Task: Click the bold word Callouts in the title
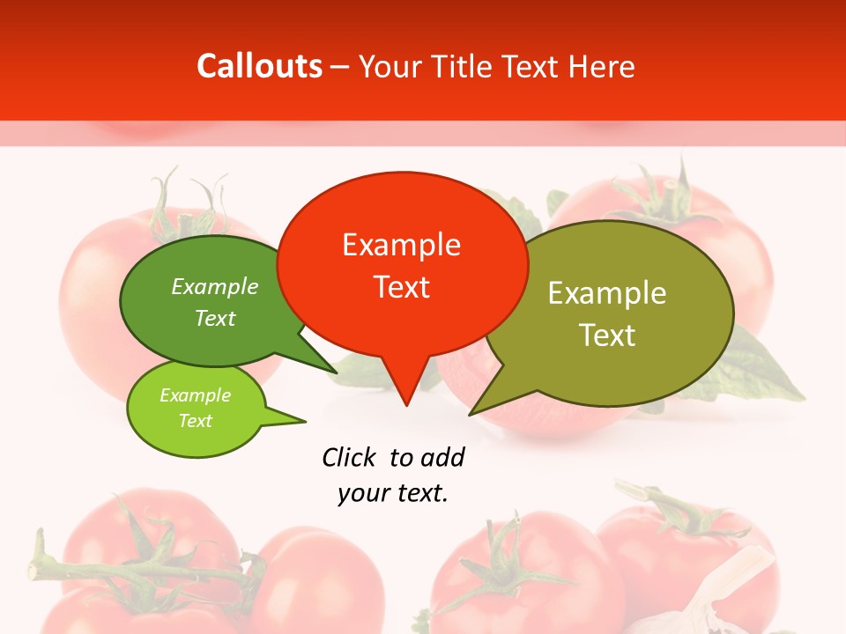pos(259,66)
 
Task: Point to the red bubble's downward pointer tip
pos(405,405)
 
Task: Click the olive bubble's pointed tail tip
pos(471,414)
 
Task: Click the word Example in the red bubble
pos(401,245)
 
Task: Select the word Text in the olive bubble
pos(607,335)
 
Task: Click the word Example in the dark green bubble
pos(215,287)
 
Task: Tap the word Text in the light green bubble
pos(195,421)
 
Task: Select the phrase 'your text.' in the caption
pos(393,493)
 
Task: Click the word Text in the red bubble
pos(402,287)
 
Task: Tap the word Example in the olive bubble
pos(607,293)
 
